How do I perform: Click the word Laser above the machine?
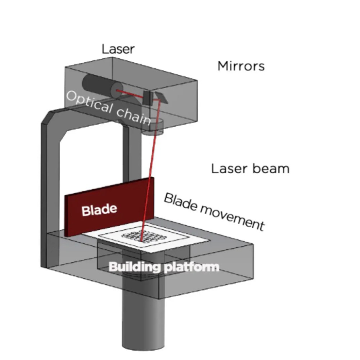[118, 49]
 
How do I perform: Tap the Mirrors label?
[241, 66]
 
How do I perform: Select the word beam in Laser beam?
[271, 168]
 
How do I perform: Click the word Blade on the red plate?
[99, 210]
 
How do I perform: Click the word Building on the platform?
[134, 267]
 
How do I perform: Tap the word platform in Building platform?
[192, 267]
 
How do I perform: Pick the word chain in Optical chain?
[134, 116]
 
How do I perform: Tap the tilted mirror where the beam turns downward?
[161, 97]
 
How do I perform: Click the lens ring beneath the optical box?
[152, 127]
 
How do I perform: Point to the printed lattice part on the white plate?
[144, 236]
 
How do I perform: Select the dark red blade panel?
[109, 207]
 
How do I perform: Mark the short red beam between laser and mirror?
[130, 94]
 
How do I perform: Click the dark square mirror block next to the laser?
[147, 98]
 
